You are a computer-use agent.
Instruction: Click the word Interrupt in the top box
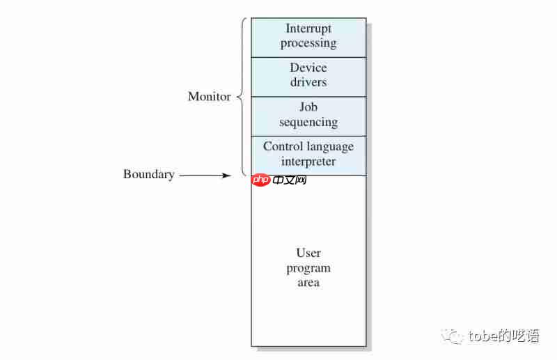pos(308,29)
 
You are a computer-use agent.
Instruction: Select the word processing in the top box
pos(308,43)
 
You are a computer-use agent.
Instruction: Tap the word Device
pos(308,68)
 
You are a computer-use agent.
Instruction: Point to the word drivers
pos(308,82)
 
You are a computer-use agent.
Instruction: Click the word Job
pos(308,107)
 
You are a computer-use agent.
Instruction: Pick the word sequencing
pos(308,123)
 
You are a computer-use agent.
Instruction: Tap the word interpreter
pos(308,162)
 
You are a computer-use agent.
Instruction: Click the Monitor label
pos(209,97)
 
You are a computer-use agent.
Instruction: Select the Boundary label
pos(148,174)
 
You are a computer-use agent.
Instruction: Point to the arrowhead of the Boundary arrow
pos(227,175)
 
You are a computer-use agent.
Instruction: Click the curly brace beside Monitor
pos(242,97)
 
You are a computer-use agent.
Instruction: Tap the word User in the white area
pos(308,253)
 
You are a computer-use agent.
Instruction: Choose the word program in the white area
pos(308,269)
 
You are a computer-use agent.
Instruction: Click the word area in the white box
pos(308,283)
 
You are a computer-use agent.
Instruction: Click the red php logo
pos(261,180)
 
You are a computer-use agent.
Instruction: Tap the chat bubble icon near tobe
pos(455,336)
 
